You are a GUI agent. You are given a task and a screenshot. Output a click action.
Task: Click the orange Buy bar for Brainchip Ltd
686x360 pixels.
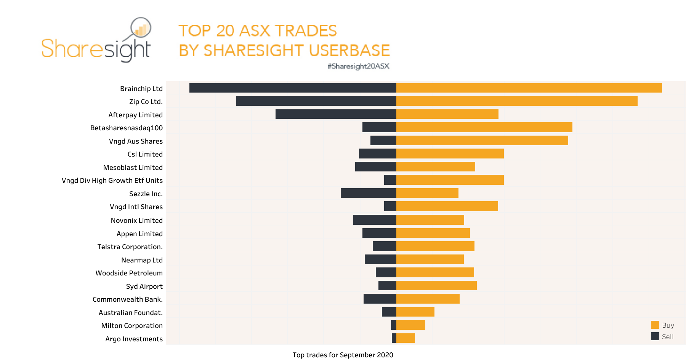coord(529,88)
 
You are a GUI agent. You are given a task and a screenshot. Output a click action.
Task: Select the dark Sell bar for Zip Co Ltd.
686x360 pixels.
coord(316,101)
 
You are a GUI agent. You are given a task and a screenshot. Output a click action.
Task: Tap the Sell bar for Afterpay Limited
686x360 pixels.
coord(336,114)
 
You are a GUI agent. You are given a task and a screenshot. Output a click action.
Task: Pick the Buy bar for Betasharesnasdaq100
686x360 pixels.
coord(484,127)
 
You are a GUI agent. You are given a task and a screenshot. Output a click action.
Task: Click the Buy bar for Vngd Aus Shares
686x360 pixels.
coord(482,141)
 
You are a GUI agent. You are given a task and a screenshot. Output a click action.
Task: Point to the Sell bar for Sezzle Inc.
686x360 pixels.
coord(368,193)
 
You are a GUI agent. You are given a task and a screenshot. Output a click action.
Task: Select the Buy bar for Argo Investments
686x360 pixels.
coord(406,338)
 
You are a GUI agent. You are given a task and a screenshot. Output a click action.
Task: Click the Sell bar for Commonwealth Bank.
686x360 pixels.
coord(380,299)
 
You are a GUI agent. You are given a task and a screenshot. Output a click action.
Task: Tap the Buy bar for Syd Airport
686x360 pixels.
coord(436,286)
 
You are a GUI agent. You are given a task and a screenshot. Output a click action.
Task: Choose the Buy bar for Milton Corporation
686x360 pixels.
coord(411,325)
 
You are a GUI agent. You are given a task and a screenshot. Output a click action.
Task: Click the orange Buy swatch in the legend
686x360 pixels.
coord(655,325)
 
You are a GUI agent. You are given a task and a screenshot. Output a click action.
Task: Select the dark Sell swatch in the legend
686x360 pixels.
coord(655,336)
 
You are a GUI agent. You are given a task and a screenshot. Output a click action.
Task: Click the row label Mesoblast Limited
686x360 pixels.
coord(133,168)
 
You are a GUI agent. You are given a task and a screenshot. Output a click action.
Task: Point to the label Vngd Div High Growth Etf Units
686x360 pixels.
coord(112,181)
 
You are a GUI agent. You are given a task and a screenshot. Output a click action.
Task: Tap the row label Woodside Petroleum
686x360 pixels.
coord(129,273)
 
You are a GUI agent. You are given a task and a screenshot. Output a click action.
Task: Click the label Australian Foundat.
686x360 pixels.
coord(130,313)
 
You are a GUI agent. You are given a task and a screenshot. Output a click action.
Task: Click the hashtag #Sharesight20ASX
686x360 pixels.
coord(358,66)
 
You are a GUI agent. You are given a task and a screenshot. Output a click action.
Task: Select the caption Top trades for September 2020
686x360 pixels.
coord(343,355)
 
